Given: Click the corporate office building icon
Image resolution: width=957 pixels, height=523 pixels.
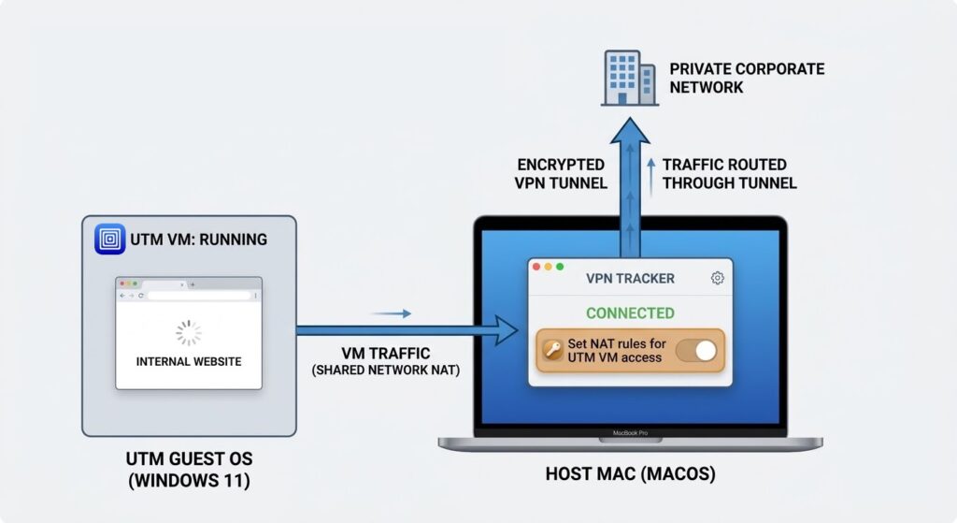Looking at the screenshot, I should (x=628, y=80).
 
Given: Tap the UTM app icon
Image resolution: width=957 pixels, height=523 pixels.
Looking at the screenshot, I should (x=110, y=239).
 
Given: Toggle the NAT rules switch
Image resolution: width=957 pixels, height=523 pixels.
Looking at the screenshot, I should (x=696, y=351).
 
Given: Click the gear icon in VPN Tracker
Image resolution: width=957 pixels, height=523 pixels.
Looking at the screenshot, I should (x=718, y=278).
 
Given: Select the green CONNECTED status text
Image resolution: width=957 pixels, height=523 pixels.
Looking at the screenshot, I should (x=630, y=313).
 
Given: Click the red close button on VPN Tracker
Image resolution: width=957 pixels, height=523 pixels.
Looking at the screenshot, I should (x=537, y=267).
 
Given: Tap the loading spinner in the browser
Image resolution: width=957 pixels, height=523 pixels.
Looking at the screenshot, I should (x=189, y=333).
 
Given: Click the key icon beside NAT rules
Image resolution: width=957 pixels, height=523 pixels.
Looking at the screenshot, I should (x=552, y=351).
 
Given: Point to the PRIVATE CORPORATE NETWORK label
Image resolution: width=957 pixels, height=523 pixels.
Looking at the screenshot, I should (x=747, y=79).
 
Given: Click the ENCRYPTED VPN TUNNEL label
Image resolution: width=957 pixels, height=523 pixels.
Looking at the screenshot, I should (x=561, y=174).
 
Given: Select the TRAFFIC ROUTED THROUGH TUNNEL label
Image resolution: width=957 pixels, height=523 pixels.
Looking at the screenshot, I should (x=729, y=174).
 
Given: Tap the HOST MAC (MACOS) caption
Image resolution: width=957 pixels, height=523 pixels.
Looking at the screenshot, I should (x=630, y=474).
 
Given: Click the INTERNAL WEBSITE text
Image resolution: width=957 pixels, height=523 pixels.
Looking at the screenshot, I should (x=189, y=361).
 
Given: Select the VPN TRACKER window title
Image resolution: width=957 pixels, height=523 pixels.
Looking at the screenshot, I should (x=630, y=278).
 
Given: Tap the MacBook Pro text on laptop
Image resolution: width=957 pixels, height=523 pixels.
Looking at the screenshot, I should (x=630, y=434).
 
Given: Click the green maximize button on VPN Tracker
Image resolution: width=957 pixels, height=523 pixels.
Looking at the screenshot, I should (x=560, y=267).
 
